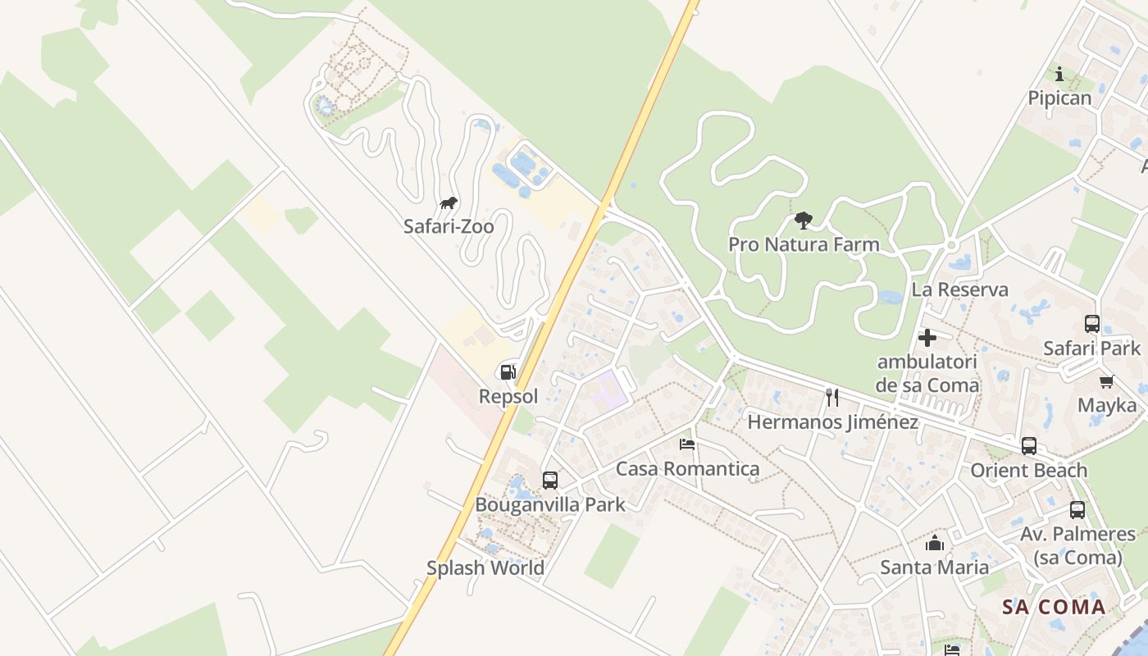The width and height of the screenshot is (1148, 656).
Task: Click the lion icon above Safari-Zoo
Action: point(448,203)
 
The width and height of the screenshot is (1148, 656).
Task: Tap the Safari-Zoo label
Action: point(449,226)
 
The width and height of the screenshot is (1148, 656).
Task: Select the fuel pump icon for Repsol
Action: point(508,373)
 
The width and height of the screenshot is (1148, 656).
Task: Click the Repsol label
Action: point(508,397)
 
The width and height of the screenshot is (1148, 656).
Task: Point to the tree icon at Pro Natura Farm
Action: point(804,220)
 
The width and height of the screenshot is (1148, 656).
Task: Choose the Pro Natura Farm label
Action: point(804,244)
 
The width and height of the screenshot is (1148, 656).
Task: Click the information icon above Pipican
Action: point(1059,74)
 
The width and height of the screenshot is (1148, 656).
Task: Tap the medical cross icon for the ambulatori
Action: point(927,338)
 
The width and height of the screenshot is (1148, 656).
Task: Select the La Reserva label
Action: point(960,289)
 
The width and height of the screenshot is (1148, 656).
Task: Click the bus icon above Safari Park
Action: point(1092,324)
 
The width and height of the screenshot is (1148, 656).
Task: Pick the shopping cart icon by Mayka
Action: point(1107,381)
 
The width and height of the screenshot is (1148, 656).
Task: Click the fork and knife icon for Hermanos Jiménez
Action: point(832,398)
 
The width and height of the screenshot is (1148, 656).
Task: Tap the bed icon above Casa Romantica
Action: point(687,444)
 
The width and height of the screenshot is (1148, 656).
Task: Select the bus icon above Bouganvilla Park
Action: point(550,481)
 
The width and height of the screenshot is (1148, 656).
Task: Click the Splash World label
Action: point(485,567)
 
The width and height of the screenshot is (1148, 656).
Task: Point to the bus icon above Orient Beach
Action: point(1029,446)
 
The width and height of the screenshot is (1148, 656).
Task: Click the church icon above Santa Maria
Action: point(935,543)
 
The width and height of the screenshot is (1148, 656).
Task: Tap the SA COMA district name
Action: point(1055,608)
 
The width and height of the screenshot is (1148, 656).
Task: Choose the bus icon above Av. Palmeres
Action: point(1077,510)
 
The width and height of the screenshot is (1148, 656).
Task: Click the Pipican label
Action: point(1060,98)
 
